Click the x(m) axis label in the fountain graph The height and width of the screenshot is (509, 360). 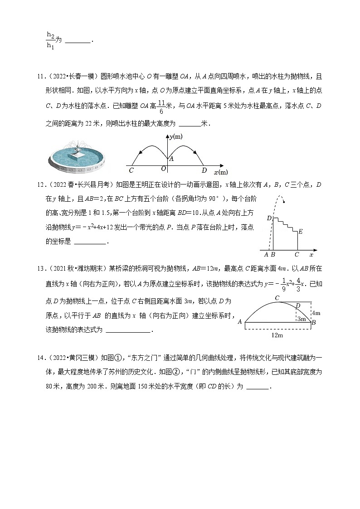point(221,172)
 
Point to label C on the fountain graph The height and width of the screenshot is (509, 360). point(131,171)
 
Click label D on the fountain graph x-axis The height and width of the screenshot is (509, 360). point(204,170)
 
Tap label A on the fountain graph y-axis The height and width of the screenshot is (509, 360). point(171,159)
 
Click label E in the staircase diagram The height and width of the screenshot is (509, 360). point(300,232)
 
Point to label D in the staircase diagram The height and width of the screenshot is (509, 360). point(268,218)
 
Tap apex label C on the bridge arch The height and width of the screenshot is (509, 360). point(277,298)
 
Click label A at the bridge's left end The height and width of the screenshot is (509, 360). point(240,322)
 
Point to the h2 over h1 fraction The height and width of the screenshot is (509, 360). point(50,40)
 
